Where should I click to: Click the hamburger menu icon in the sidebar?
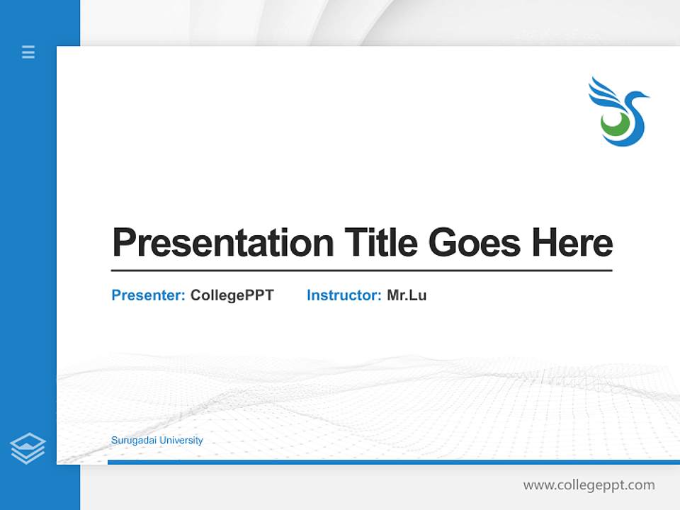[x=28, y=52]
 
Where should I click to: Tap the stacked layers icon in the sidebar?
[x=28, y=448]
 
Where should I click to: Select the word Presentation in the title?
[x=222, y=243]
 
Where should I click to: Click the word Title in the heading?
[x=380, y=243]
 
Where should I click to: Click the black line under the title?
[x=361, y=270]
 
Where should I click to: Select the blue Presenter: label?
[x=148, y=295]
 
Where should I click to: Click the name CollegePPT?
[x=232, y=295]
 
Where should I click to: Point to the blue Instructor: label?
[x=344, y=295]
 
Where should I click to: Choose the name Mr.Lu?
[x=407, y=295]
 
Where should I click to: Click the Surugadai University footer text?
[x=157, y=441]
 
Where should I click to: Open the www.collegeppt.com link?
[x=589, y=485]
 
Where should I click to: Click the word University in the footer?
[x=181, y=441]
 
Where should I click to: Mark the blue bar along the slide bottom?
[x=393, y=462]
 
